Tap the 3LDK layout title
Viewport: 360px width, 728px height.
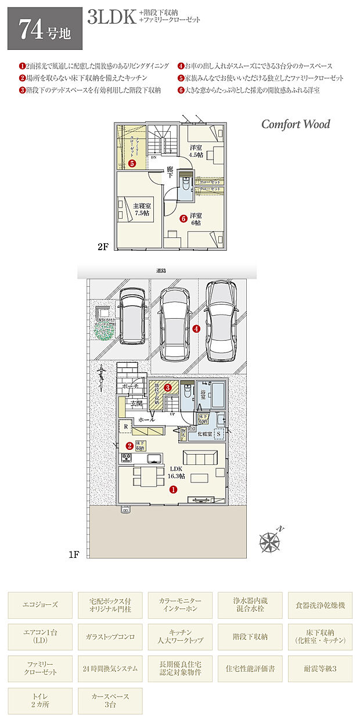(x=111, y=17)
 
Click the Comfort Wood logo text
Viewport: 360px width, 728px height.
(x=295, y=124)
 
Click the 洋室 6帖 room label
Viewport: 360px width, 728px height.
(x=195, y=218)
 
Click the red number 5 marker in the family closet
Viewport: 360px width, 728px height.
(x=132, y=164)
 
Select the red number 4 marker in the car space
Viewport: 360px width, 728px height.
(x=196, y=329)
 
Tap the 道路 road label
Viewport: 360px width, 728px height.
(x=161, y=271)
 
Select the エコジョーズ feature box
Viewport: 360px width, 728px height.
(x=41, y=605)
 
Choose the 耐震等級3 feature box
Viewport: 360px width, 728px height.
(x=319, y=669)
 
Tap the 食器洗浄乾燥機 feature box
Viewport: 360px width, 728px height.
(x=319, y=605)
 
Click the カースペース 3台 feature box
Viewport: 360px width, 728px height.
(x=110, y=701)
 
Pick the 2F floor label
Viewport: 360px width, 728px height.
(x=103, y=247)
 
